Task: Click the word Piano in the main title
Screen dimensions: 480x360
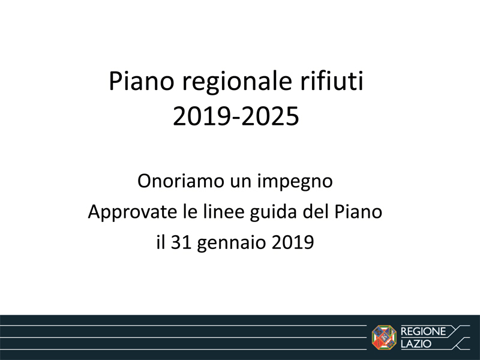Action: point(142,81)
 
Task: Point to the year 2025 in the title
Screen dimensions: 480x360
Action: point(271,116)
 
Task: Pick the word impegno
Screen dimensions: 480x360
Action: point(295,182)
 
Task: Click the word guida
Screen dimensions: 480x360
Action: point(274,212)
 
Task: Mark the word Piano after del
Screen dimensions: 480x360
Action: point(358,212)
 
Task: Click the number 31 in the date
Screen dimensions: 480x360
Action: point(181,242)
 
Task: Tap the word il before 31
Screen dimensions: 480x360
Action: point(160,242)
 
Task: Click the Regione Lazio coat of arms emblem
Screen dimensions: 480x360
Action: point(384,337)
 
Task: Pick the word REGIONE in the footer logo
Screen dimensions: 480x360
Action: point(423,331)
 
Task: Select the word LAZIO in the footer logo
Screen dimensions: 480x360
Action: point(416,344)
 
